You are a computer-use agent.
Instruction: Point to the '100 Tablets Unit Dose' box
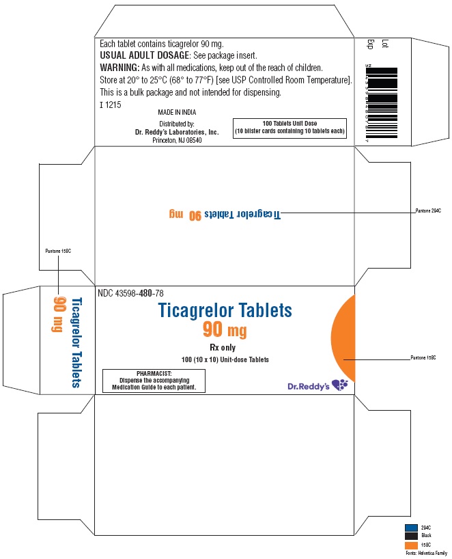pos(289,127)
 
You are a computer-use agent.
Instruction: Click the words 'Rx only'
pos(225,346)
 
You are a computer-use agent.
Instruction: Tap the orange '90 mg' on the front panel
pos(225,331)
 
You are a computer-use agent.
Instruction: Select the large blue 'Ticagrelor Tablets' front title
pos(225,311)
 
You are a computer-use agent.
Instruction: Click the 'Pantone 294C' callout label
pos(429,210)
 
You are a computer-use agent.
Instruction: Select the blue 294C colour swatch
pos(410,527)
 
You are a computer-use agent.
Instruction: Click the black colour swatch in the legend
pos(410,536)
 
